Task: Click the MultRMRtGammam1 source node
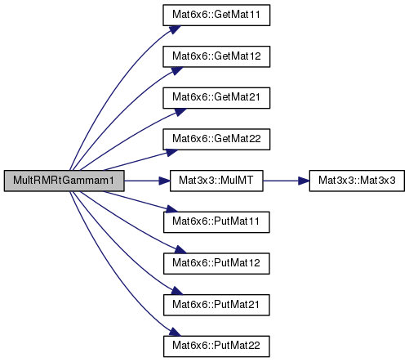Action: pos(64,181)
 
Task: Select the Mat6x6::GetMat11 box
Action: pos(216,16)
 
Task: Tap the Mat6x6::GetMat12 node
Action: pos(216,56)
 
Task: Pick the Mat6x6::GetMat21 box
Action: pos(216,98)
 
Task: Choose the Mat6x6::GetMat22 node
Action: pos(216,140)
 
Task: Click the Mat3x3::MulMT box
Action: pos(216,181)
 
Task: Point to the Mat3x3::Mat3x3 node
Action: pos(357,181)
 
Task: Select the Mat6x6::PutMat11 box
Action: pos(216,222)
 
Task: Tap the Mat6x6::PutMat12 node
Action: pos(216,264)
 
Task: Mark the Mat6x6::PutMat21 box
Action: pos(216,305)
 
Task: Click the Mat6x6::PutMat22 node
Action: pos(216,346)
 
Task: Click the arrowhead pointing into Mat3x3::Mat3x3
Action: pos(304,181)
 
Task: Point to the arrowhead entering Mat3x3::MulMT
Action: pos(165,181)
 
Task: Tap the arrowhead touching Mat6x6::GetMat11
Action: pos(175,29)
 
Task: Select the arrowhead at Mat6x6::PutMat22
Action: pos(175,332)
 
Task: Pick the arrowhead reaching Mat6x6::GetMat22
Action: pos(171,153)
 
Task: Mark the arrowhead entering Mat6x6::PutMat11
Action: pos(171,209)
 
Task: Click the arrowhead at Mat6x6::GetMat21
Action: pos(180,112)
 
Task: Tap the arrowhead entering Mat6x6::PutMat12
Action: pos(180,249)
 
